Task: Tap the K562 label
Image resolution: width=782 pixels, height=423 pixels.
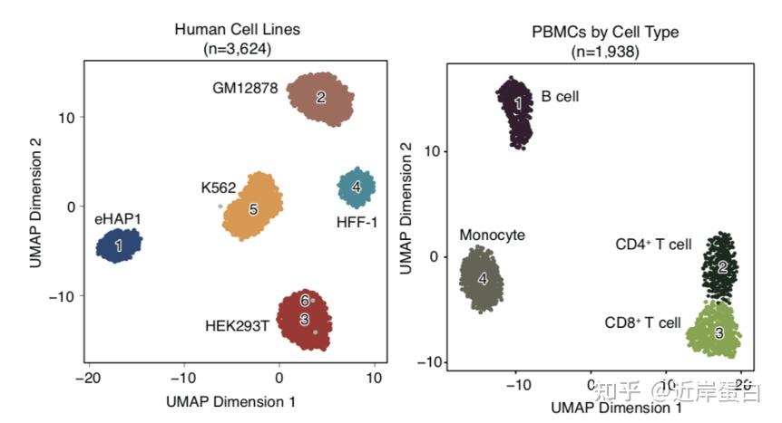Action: point(219,188)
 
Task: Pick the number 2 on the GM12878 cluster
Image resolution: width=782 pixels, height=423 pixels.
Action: point(320,97)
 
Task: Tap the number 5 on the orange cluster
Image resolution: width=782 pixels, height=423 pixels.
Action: point(253,209)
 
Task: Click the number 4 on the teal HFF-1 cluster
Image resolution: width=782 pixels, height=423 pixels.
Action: point(357,187)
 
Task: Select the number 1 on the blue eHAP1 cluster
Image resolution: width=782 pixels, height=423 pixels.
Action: point(119,245)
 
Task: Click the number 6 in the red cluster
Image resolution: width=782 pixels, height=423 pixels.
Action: point(306,301)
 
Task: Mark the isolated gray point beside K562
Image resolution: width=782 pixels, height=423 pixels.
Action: point(220,207)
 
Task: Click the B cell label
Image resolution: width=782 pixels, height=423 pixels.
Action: point(560,95)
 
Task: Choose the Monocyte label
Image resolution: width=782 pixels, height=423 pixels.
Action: point(492,235)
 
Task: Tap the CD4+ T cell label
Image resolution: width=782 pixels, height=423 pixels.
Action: point(653,244)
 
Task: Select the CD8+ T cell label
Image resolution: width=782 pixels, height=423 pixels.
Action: point(642,322)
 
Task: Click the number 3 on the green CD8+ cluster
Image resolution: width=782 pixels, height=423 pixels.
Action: point(718,333)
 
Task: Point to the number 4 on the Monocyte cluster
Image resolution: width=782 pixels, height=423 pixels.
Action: point(483,279)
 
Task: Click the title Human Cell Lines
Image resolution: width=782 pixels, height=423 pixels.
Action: point(237,30)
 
